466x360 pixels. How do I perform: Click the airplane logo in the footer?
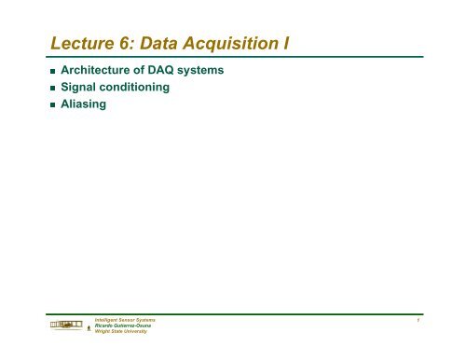click(65, 325)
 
